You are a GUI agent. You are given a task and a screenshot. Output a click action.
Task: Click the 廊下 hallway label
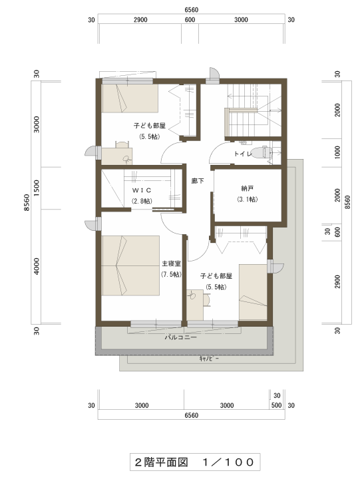click(x=198, y=181)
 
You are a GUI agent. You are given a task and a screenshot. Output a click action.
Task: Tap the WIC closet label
click(x=142, y=190)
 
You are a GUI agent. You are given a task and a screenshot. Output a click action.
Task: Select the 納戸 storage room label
click(x=248, y=189)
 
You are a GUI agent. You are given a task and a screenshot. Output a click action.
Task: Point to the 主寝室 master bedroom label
click(x=171, y=263)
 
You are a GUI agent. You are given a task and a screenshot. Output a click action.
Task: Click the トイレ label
click(x=243, y=154)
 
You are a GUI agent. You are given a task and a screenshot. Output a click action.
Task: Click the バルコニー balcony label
click(x=181, y=337)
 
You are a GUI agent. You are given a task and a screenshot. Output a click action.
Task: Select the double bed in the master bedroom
click(x=130, y=265)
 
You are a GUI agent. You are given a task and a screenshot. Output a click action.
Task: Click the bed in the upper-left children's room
click(x=130, y=98)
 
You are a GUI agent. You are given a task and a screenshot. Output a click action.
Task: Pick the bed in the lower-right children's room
click(x=253, y=292)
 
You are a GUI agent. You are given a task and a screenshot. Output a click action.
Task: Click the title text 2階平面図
click(x=161, y=462)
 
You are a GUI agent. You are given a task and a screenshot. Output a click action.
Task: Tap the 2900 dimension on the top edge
click(x=140, y=20)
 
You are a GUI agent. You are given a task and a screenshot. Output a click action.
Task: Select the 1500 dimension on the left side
click(x=37, y=188)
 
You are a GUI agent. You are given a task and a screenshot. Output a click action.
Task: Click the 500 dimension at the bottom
click(x=277, y=405)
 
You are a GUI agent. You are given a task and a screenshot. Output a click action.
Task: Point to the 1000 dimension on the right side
click(x=337, y=152)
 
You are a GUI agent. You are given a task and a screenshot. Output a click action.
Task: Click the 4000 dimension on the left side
click(x=37, y=266)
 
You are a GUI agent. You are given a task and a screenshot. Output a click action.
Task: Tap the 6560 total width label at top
click(x=191, y=10)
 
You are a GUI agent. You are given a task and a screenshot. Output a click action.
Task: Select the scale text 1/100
click(x=229, y=462)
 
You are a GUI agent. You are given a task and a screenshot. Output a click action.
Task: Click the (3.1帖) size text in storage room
click(x=248, y=200)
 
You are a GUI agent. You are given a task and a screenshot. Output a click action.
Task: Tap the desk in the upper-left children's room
click(x=117, y=156)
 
